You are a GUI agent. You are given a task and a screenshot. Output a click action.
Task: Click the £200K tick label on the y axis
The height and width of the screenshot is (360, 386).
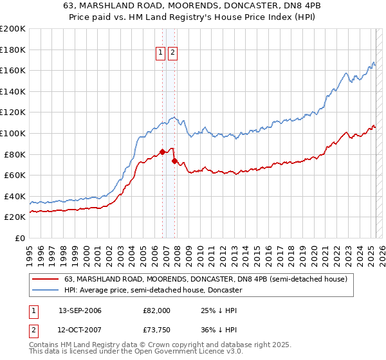13,29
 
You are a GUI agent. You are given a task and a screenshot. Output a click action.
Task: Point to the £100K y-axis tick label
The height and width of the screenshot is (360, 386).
13,133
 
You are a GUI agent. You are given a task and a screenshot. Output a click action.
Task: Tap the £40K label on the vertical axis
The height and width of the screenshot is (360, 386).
15,196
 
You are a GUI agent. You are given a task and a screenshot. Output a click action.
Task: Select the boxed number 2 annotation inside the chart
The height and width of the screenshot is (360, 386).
173,53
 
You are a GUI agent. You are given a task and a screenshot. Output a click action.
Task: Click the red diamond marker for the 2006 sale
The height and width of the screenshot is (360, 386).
162,152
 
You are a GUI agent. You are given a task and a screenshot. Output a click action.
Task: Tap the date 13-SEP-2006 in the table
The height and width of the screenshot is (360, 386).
80,310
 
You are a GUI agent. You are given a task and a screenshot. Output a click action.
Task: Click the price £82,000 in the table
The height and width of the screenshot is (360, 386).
156,310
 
